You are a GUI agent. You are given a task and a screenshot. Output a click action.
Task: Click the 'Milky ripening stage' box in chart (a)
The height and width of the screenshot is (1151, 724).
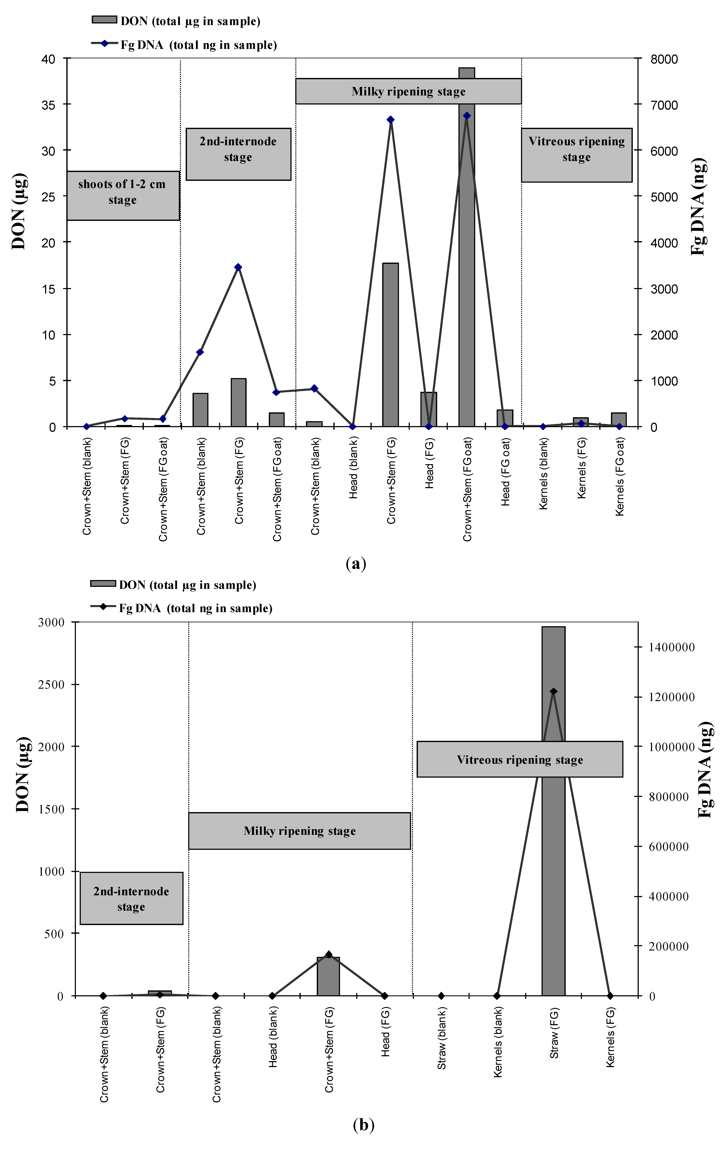408,91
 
